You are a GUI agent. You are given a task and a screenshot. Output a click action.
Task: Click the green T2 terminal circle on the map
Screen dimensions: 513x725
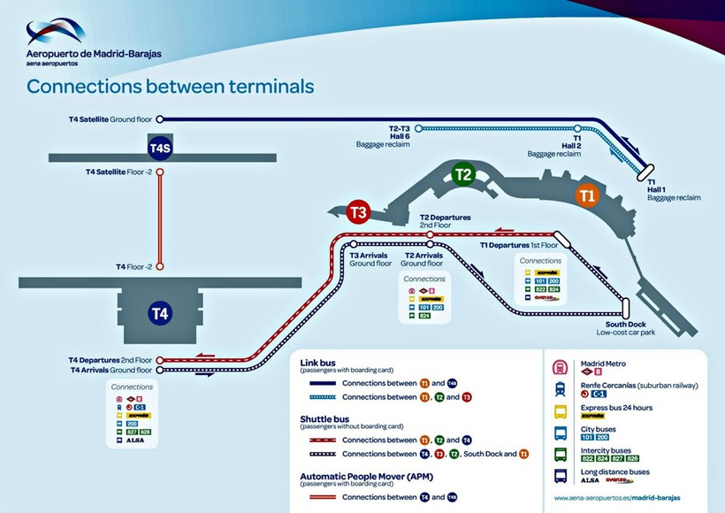click(x=463, y=174)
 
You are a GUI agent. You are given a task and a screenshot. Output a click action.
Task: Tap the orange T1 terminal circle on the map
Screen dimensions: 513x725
click(x=587, y=195)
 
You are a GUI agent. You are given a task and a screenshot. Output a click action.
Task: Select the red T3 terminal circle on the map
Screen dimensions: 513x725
click(x=358, y=212)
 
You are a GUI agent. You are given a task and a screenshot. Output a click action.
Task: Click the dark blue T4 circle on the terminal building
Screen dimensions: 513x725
click(x=160, y=313)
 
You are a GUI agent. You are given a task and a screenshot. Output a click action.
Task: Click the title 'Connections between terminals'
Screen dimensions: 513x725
click(x=170, y=87)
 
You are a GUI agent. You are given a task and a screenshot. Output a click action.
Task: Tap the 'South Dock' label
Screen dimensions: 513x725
click(x=627, y=324)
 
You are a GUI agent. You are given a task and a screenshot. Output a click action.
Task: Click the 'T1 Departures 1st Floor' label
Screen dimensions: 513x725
click(x=518, y=244)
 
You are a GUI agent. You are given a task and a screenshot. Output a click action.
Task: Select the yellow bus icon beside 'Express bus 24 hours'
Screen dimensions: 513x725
click(x=561, y=410)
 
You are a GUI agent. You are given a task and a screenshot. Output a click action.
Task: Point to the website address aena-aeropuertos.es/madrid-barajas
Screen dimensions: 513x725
click(x=617, y=498)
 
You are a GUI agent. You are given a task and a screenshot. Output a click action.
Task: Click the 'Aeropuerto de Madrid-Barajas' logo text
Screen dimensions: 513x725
click(x=95, y=52)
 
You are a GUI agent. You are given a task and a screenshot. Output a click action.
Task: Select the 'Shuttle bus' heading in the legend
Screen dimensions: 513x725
click(x=324, y=418)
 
